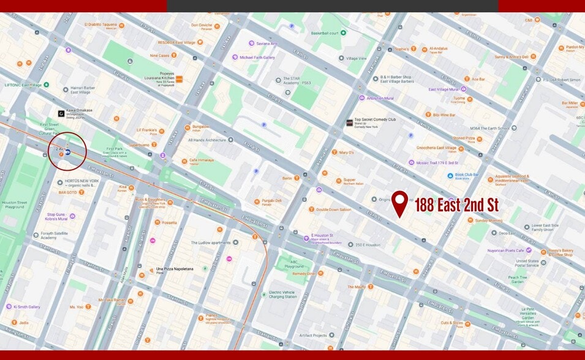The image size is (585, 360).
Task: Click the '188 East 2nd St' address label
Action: (456, 204)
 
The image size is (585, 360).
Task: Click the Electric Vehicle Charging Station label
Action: (282, 295)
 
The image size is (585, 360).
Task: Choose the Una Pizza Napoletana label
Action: (175, 269)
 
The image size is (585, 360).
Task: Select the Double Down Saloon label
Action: (333, 209)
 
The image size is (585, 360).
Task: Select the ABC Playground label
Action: (285, 263)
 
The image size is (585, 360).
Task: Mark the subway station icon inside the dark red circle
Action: (67, 151)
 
